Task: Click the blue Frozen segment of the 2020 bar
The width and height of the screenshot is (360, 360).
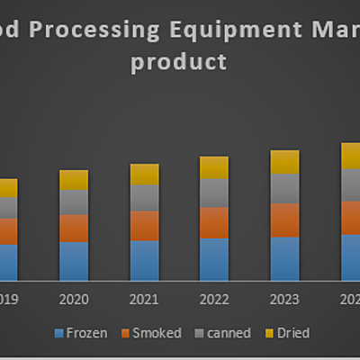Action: (74, 261)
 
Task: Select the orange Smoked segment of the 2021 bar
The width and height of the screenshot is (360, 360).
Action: (144, 225)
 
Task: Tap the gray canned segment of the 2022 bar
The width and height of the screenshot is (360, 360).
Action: (214, 193)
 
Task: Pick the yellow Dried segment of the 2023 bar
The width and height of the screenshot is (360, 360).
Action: (284, 162)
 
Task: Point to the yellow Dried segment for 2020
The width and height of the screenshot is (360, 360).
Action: (74, 180)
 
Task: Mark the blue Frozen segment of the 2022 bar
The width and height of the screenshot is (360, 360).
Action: (214, 259)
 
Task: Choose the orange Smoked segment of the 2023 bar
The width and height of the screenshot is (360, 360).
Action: (284, 220)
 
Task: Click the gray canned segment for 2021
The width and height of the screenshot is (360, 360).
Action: (144, 197)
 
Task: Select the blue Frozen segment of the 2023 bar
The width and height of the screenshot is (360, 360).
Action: (284, 258)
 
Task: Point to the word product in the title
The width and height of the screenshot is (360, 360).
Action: (178, 63)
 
